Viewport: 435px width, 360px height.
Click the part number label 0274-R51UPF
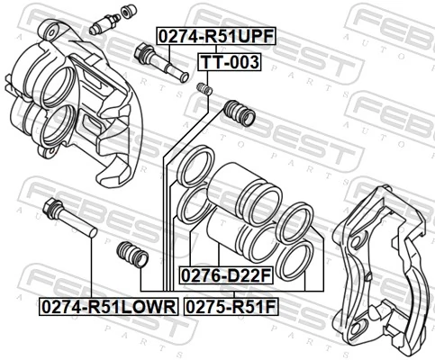tap(216, 37)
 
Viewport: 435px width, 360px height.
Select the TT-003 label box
tap(229, 63)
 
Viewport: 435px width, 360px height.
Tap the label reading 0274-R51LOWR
tap(108, 307)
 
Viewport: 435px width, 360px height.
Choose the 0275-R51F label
tap(231, 307)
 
